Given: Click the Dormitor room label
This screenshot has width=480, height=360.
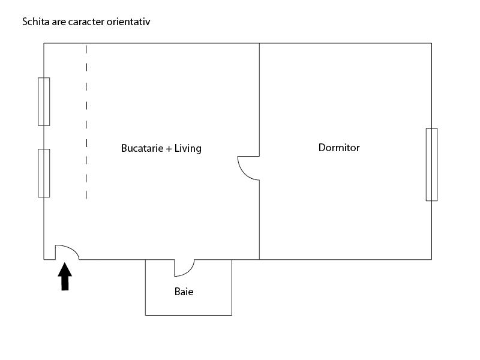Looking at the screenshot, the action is pos(339,148).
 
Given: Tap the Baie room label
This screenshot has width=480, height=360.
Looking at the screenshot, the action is pos(184,292).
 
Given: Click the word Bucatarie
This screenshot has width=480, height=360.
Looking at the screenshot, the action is pos(142,148).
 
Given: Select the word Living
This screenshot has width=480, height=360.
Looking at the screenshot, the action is pos(188,149).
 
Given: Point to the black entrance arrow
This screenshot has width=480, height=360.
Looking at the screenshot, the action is pos(65,277).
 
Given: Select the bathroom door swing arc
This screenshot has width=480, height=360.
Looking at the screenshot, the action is pos(189,271).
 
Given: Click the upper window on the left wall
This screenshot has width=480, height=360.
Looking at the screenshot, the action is pos(44,101).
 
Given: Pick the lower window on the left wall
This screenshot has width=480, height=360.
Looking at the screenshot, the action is pos(44,173).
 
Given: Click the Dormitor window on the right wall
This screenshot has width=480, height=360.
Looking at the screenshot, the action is pos(431,164).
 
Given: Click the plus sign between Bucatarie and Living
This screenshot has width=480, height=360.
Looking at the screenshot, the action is pos(169,149).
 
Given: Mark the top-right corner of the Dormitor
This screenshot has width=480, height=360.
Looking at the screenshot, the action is pos(431,43).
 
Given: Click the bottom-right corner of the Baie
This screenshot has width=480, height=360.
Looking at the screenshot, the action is pos(232,315).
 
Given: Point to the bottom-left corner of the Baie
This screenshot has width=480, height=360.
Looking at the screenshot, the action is pos(145,315).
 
